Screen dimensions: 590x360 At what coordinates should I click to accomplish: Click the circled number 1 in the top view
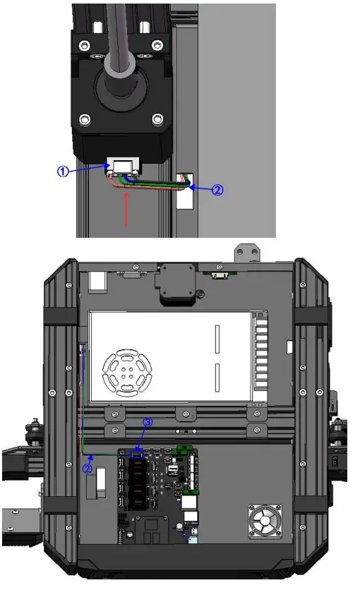click(64, 171)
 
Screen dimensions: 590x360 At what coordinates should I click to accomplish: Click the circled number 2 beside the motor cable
click(217, 190)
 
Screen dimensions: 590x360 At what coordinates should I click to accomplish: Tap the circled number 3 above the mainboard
click(148, 422)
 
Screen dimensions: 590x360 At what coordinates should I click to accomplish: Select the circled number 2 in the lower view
click(88, 467)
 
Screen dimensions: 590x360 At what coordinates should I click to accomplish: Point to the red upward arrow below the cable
click(126, 210)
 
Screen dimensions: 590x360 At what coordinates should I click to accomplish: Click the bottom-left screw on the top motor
click(85, 118)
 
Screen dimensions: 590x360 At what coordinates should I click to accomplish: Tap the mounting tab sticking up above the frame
click(246, 252)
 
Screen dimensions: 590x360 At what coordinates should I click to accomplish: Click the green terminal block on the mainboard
click(185, 450)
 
